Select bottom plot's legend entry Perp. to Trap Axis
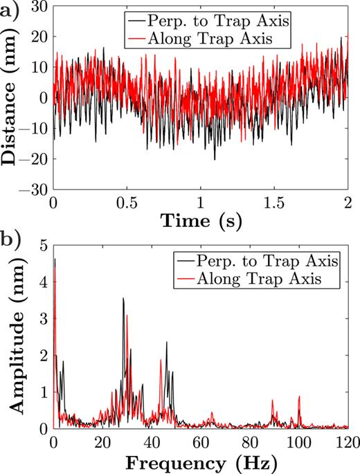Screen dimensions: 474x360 point(266,262)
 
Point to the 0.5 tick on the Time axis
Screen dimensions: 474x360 point(127,206)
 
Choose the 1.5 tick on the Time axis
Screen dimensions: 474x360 point(273,206)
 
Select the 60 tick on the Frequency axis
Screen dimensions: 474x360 point(201,441)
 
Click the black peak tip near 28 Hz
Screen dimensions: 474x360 point(123,298)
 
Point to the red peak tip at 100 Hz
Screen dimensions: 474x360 point(299,396)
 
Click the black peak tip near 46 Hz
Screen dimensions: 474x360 point(166,342)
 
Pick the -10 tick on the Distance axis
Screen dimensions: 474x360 point(38,128)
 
